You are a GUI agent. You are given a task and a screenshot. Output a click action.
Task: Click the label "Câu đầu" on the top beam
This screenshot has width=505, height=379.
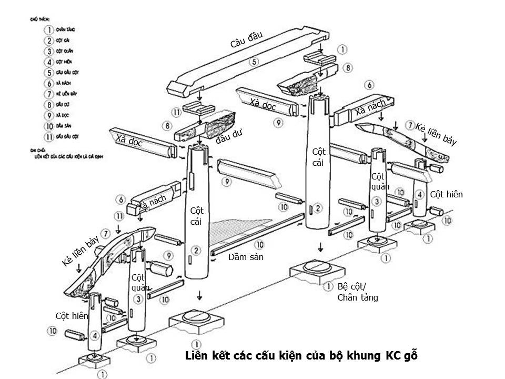(246, 40)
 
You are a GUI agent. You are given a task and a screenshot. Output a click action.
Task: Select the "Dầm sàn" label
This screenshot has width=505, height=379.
(245, 257)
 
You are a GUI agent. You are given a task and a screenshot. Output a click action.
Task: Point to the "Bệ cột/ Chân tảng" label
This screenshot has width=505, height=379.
(357, 292)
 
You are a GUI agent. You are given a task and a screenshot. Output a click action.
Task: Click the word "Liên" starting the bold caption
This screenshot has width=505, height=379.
(198, 355)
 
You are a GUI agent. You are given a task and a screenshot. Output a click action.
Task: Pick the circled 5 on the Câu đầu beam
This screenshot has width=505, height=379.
(254, 62)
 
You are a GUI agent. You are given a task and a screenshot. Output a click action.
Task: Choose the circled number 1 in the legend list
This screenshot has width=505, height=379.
(48, 30)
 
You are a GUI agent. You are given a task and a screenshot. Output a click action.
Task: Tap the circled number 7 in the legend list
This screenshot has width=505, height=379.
(48, 94)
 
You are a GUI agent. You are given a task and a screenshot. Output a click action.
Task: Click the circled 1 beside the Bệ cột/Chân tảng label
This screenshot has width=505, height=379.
(328, 287)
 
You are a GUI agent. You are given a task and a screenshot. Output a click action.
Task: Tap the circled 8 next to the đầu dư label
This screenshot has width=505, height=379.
(167, 126)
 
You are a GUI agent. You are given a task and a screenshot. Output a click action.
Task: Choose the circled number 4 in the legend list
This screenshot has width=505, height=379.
(48, 62)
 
